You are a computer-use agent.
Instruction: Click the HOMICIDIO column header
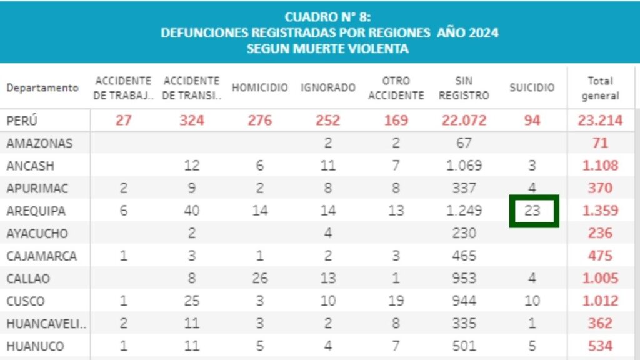[x=260, y=88]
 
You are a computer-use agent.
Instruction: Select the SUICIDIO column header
[x=532, y=88]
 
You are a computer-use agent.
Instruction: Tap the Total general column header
[x=600, y=88]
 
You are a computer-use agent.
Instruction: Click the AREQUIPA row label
[x=36, y=211]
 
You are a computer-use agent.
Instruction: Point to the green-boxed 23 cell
[x=532, y=211]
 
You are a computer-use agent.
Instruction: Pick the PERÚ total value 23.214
[x=600, y=120]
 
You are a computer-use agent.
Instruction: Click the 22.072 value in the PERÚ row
[x=463, y=120]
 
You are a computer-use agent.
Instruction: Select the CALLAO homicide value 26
[x=260, y=278]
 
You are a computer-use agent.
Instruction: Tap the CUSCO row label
[x=26, y=301]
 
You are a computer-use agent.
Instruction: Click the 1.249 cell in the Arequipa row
[x=463, y=211]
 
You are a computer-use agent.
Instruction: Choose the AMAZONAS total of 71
[x=600, y=143]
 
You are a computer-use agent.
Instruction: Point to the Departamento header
[x=42, y=88]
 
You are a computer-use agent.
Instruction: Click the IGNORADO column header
[x=328, y=88]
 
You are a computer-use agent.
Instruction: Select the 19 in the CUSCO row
[x=396, y=301]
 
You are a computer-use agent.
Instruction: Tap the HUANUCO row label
[x=35, y=346]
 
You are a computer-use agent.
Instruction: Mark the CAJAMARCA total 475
[x=600, y=256]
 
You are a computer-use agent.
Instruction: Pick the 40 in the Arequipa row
[x=192, y=211]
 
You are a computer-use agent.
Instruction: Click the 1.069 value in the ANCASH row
[x=463, y=166]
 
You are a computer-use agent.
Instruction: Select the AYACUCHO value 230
[x=463, y=233]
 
